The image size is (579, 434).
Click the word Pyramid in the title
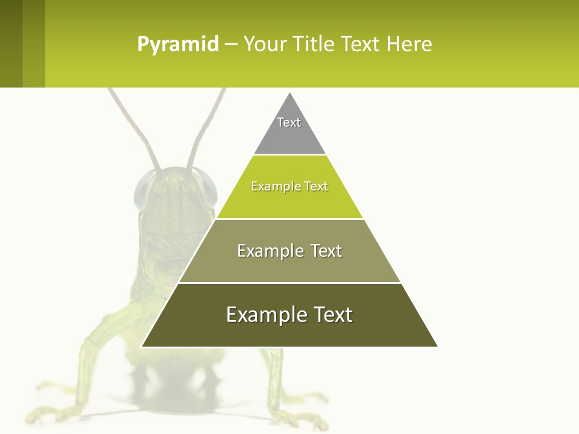pyautogui.click(x=178, y=45)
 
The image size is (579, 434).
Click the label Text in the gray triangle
pyautogui.click(x=289, y=122)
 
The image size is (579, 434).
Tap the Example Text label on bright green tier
pyautogui.click(x=289, y=186)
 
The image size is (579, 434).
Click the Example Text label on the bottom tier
pyautogui.click(x=289, y=315)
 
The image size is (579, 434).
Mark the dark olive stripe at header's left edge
pyautogui.click(x=11, y=43)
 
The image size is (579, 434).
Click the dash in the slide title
pyautogui.click(x=231, y=45)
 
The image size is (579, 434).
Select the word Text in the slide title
pyautogui.click(x=361, y=45)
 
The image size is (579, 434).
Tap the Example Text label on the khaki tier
pyautogui.click(x=289, y=251)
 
